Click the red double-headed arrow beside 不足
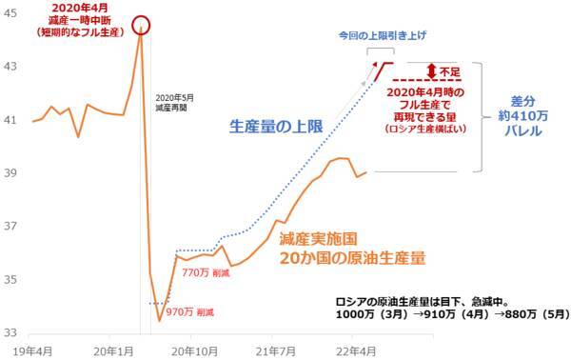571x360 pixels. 433,70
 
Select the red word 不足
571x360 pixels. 453,70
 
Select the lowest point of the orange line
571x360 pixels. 159,320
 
